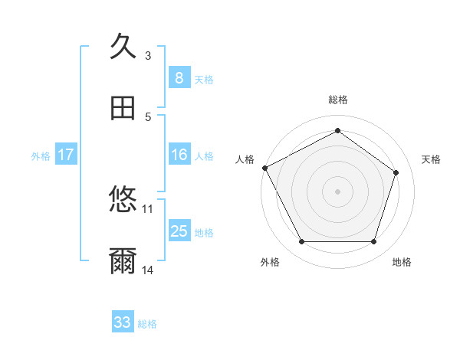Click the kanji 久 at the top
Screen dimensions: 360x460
(123, 46)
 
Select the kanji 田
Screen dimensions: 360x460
(123, 108)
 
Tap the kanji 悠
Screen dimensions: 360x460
(123, 200)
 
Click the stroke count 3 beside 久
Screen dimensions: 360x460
(148, 55)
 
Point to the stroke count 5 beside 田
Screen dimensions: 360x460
(148, 117)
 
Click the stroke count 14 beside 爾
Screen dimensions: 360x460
(148, 270)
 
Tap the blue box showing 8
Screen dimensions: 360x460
(179, 77)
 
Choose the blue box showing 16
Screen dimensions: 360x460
(179, 155)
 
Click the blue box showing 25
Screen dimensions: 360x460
(179, 231)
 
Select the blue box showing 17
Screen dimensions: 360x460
(66, 155)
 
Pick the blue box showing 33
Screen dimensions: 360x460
(123, 322)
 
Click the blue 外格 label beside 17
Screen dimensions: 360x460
(41, 155)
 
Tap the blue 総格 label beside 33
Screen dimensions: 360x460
(147, 324)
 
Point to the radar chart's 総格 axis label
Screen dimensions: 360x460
(337, 100)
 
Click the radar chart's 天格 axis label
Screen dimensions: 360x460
(432, 159)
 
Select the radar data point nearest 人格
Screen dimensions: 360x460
(264, 168)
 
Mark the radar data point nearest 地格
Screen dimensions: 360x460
(373, 242)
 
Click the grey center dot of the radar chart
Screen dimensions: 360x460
(337, 191)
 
